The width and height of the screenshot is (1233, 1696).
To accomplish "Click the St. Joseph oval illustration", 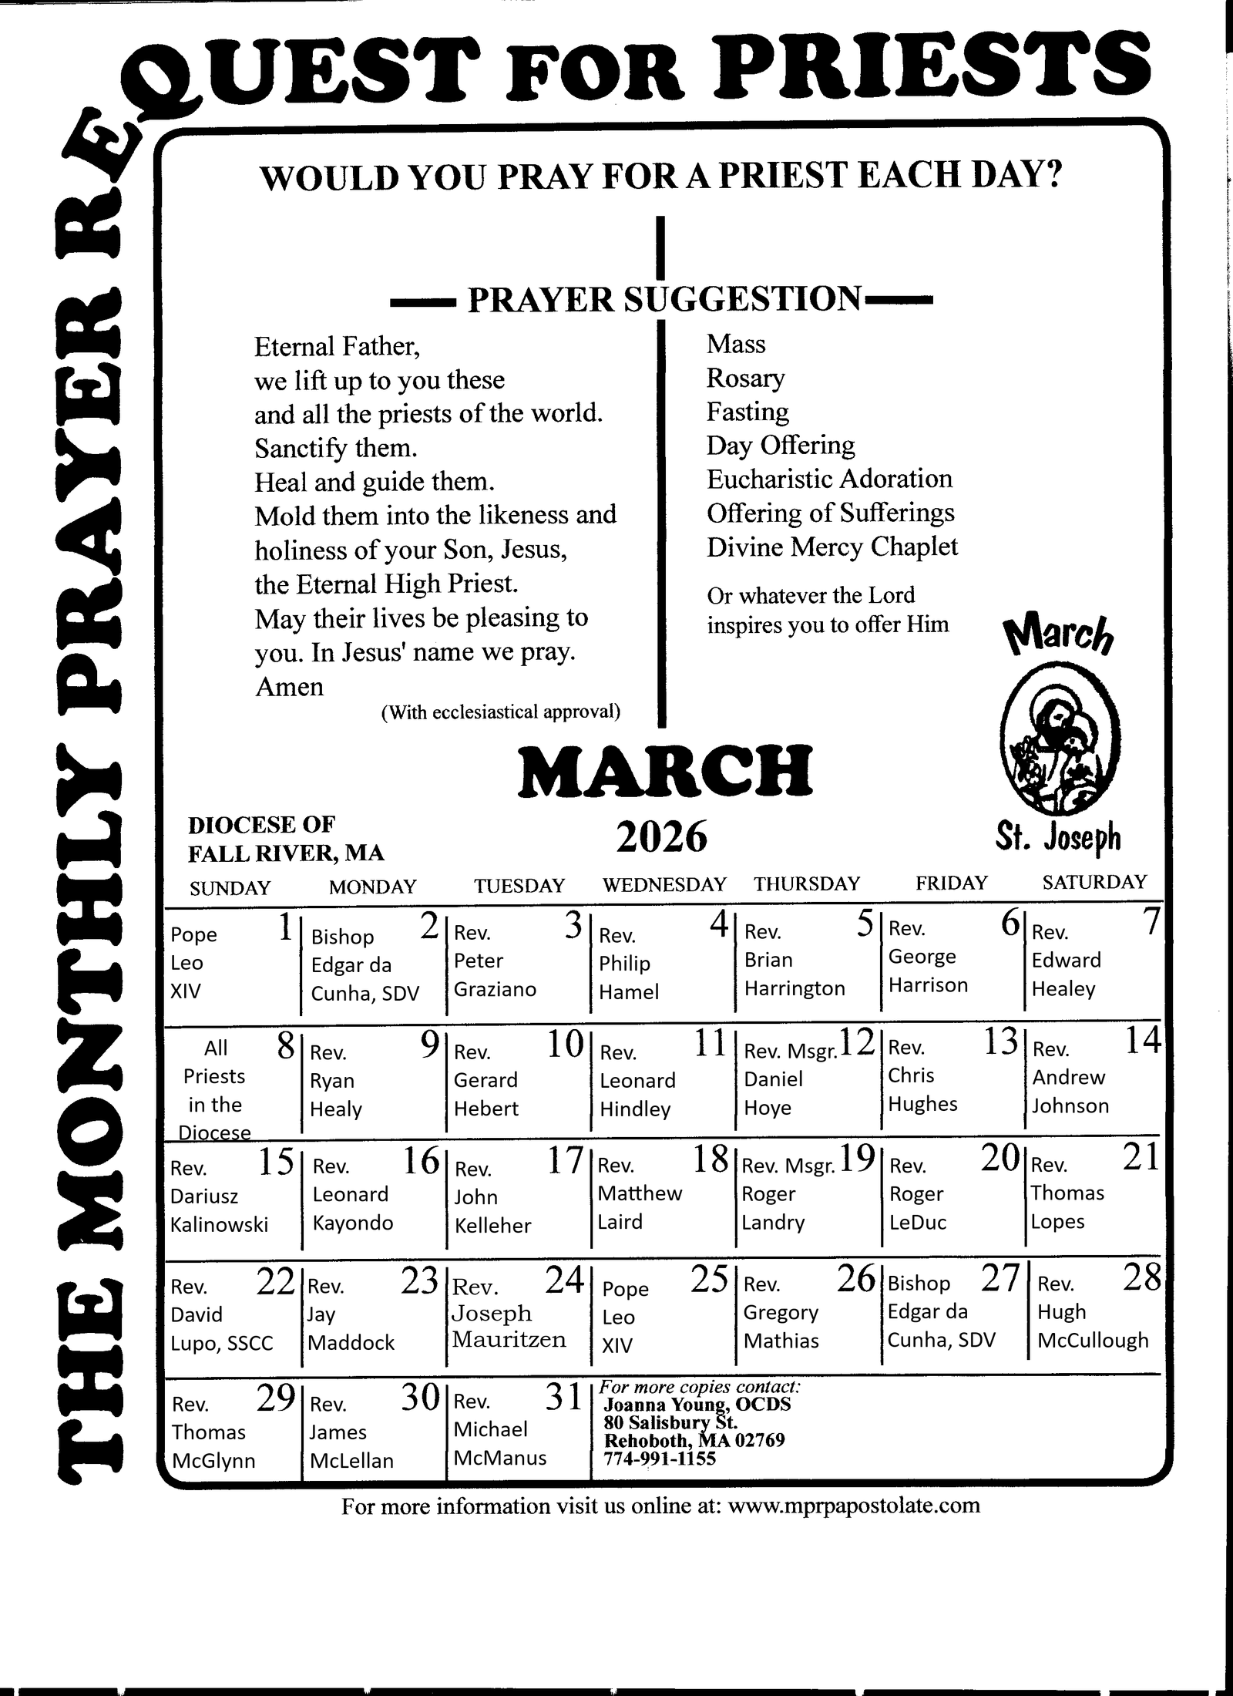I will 1060,740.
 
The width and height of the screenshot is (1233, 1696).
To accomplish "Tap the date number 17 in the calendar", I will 565,1160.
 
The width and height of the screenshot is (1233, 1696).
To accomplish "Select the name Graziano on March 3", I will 495,989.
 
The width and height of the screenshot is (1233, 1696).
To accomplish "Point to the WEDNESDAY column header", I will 664,884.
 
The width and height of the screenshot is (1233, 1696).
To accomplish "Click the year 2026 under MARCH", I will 661,836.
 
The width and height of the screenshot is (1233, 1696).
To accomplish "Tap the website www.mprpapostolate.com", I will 853,1506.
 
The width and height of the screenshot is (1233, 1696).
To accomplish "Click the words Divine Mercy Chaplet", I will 832,547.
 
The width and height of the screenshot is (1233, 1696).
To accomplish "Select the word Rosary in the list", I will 745,378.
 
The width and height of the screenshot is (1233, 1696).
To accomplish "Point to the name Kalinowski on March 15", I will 219,1224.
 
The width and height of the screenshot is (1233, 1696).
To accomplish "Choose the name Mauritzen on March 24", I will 509,1339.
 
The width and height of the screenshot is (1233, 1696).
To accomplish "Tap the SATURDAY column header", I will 1094,882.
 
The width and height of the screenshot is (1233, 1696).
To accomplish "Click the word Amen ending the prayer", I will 289,687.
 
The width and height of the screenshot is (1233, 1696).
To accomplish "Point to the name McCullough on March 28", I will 1093,1341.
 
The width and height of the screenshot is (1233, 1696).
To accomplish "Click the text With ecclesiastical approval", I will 501,712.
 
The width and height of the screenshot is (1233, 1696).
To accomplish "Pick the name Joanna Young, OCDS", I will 697,1404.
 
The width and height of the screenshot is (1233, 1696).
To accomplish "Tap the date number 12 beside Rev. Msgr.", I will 857,1043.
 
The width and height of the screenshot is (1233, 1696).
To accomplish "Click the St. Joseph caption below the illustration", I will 1057,838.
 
